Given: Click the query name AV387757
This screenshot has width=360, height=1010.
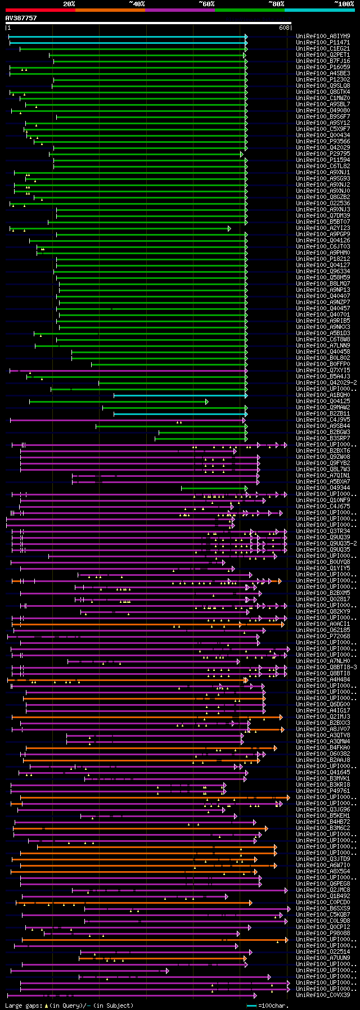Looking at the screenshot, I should click(x=21, y=18).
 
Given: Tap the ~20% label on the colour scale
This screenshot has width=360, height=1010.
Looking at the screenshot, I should click(x=69, y=4).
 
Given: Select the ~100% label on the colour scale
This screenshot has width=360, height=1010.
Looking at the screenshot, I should click(x=343, y=4).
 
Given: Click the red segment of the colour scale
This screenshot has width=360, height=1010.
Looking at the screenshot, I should click(x=40, y=10).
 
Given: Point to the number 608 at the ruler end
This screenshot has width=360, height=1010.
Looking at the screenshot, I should click(x=284, y=28).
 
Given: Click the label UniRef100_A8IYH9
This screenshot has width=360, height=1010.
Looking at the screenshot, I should click(x=323, y=36).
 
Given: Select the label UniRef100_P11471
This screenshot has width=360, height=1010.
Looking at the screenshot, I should click(x=323, y=42).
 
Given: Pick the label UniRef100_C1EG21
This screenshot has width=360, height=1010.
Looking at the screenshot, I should click(x=323, y=48).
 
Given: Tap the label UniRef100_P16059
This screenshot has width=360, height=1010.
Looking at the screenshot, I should click(x=323, y=67).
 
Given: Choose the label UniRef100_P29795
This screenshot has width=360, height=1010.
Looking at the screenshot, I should click(x=323, y=154).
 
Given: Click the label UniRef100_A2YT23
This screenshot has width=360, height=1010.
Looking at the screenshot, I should click(x=323, y=228).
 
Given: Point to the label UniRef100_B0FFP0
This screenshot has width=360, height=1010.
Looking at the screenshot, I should click(x=323, y=364).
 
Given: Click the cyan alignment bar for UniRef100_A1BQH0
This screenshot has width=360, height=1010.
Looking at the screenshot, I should click(x=179, y=395).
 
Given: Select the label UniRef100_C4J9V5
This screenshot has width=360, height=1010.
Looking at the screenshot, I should click(x=323, y=420).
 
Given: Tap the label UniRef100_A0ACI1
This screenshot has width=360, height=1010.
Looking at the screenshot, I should click(x=323, y=624).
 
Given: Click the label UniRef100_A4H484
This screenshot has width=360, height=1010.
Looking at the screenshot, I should click(x=323, y=679).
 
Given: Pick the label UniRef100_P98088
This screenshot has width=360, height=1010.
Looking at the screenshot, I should click(x=323, y=933).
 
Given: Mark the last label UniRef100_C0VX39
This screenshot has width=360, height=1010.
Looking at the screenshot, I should click(x=323, y=995).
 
